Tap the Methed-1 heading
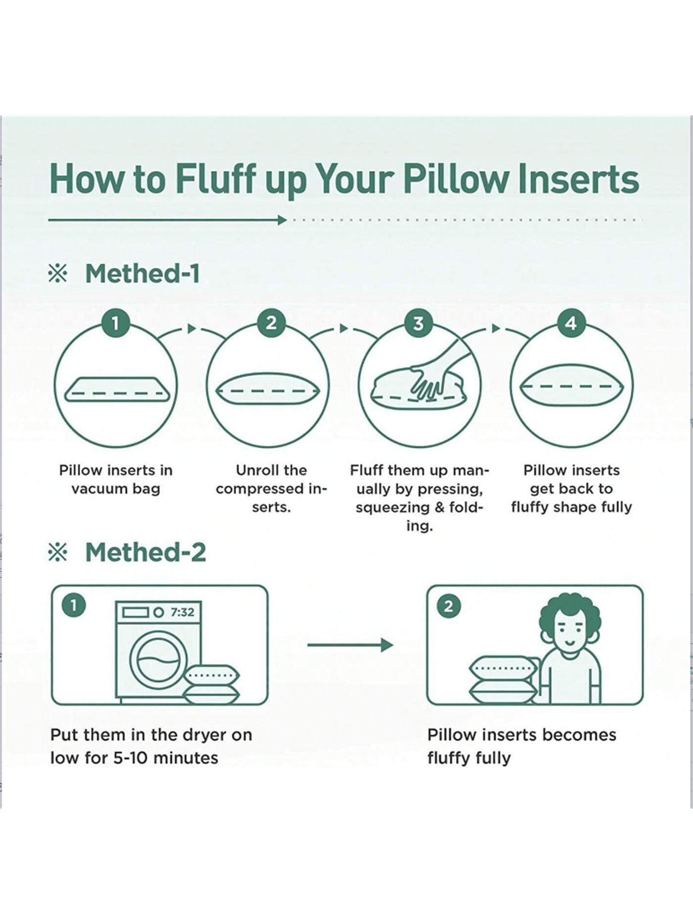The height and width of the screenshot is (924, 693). click(142, 273)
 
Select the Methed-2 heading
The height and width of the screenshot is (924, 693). click(145, 552)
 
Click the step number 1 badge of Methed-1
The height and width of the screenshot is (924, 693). click(115, 323)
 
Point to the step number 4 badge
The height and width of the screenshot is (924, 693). click(571, 323)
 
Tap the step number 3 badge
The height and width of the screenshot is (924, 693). click(418, 323)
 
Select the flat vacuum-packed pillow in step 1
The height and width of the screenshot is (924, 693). click(117, 390)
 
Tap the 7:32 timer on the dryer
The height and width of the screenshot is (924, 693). click(182, 613)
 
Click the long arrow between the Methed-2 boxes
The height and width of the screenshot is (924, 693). click(349, 645)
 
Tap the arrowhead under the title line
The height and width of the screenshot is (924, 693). click(282, 220)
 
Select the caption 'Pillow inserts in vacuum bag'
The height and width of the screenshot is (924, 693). click(116, 479)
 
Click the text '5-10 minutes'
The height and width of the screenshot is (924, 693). click(165, 758)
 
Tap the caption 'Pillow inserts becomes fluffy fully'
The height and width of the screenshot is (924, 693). click(521, 746)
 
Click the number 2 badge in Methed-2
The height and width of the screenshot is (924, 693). click(449, 606)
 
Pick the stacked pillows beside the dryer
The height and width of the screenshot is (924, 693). click(211, 684)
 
